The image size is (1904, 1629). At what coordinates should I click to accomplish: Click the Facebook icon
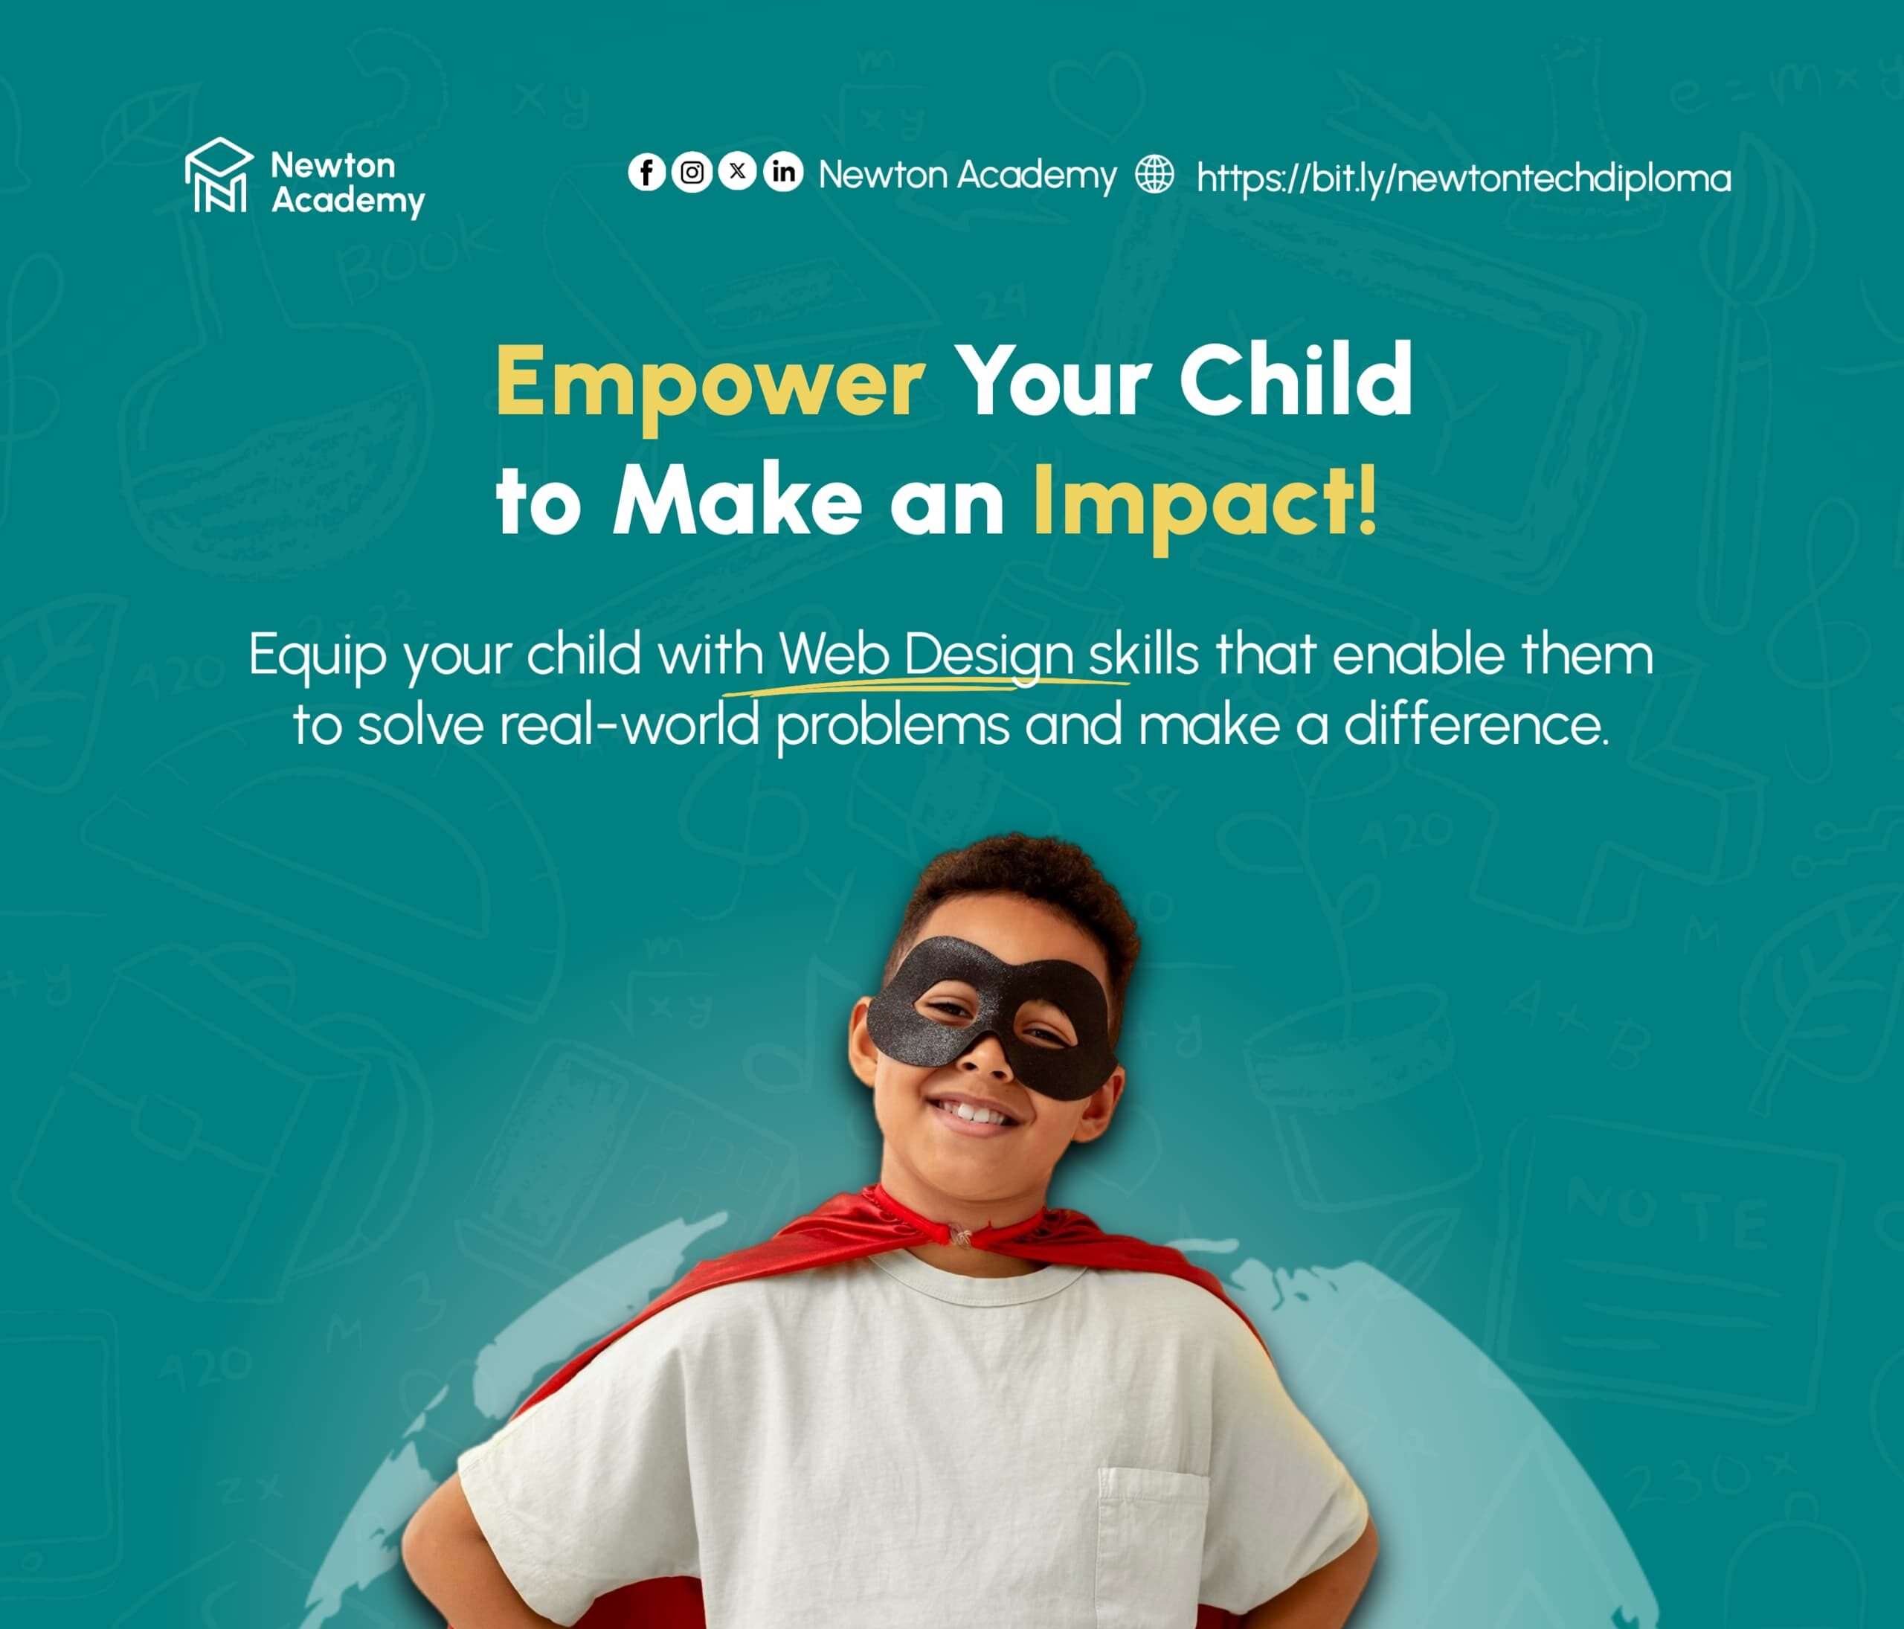click(x=646, y=172)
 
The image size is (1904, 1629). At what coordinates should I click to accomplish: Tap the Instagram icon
click(x=692, y=172)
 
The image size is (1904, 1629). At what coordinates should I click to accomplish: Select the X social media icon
click(x=737, y=171)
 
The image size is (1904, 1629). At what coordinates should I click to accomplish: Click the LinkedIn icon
click(x=783, y=172)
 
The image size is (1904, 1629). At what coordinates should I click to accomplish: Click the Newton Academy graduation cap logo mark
click(x=219, y=175)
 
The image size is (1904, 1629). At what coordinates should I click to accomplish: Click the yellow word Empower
click(x=710, y=384)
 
